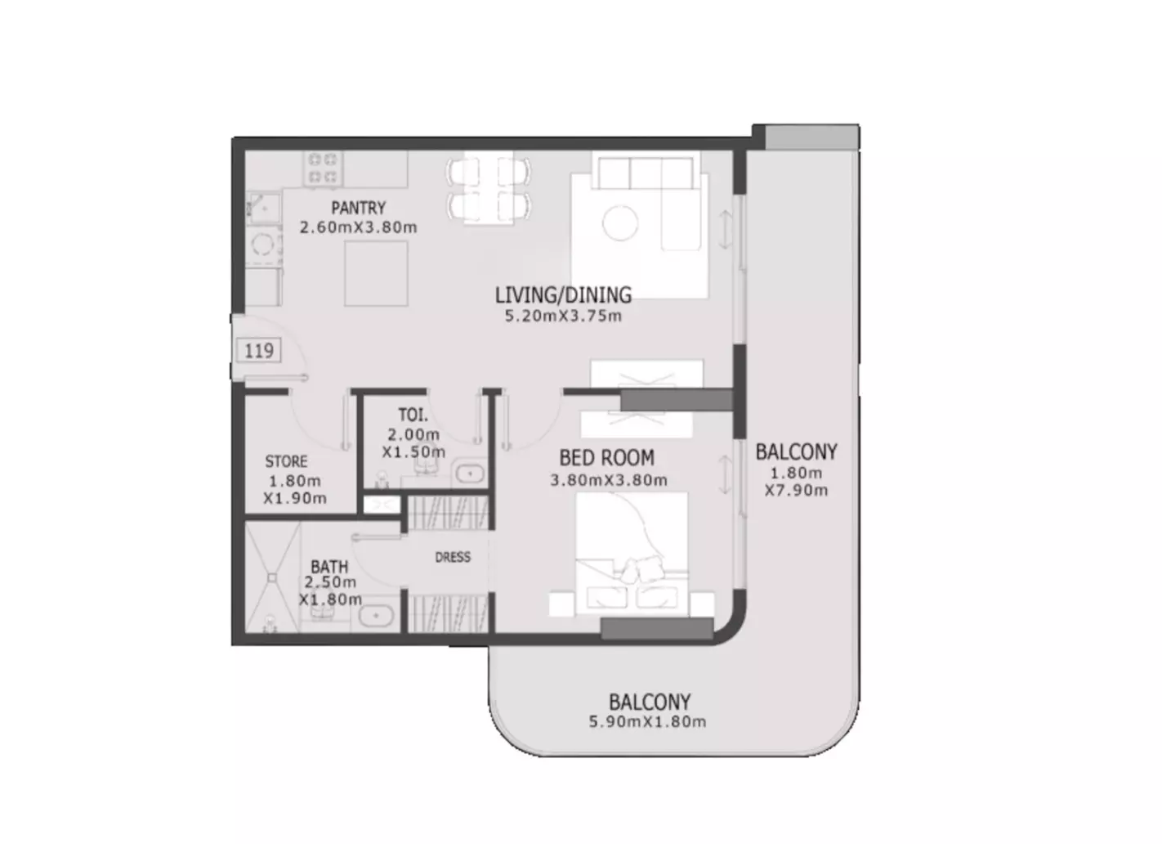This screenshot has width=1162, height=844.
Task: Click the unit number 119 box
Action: click(259, 350)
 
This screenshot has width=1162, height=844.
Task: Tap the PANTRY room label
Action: click(359, 209)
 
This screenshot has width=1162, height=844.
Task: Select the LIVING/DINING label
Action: click(563, 295)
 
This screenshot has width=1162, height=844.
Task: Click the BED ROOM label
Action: click(607, 458)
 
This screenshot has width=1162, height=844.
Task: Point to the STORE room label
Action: click(286, 461)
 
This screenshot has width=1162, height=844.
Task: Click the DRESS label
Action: click(453, 557)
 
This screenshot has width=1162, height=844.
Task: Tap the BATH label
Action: click(329, 566)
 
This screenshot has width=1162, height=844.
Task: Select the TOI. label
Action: click(413, 415)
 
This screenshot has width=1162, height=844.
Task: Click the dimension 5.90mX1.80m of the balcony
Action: click(647, 721)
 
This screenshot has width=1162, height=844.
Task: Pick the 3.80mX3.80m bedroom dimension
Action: click(609, 480)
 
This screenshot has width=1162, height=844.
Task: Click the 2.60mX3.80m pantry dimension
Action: click(359, 227)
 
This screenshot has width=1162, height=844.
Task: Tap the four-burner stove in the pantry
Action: click(323, 168)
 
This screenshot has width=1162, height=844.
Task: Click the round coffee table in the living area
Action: click(620, 222)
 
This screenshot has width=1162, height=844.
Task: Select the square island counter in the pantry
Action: click(376, 273)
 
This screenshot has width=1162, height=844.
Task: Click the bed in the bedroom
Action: click(632, 554)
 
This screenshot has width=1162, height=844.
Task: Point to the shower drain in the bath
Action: click(272, 577)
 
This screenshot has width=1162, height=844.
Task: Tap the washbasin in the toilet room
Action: click(470, 474)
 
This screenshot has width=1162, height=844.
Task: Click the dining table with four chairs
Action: click(488, 187)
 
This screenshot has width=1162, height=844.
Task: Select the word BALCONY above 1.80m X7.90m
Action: click(796, 452)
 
